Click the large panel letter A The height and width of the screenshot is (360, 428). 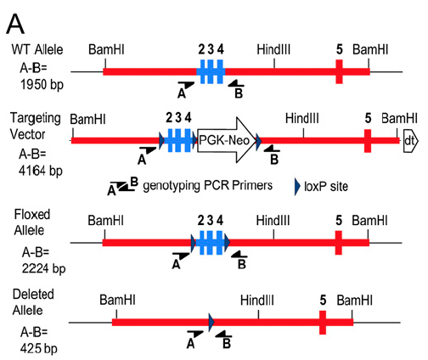(x=15, y=25)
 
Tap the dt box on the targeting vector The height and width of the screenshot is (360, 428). (x=410, y=140)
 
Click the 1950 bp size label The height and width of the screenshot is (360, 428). (x=42, y=84)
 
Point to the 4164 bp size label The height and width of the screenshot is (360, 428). (x=41, y=171)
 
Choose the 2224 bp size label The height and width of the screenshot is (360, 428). (x=43, y=268)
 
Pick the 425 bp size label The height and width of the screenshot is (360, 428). (x=38, y=348)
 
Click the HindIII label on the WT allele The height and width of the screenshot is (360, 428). (x=273, y=49)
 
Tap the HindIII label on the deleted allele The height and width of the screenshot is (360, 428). (x=257, y=300)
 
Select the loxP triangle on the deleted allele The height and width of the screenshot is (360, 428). (x=211, y=322)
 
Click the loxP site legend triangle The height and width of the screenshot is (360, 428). (x=297, y=187)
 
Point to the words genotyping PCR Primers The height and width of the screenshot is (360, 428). (x=207, y=186)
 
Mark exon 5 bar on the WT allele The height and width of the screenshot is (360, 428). (x=339, y=71)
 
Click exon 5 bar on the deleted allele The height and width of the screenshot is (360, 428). (x=323, y=323)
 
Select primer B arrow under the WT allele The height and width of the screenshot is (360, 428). (x=236, y=83)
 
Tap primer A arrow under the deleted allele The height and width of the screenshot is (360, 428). (x=195, y=334)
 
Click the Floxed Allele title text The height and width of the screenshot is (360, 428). (x=32, y=222)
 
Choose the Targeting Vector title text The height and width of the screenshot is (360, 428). (x=36, y=126)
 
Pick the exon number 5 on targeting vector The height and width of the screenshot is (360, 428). (x=368, y=118)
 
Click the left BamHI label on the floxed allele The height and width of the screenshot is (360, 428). (x=105, y=221)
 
